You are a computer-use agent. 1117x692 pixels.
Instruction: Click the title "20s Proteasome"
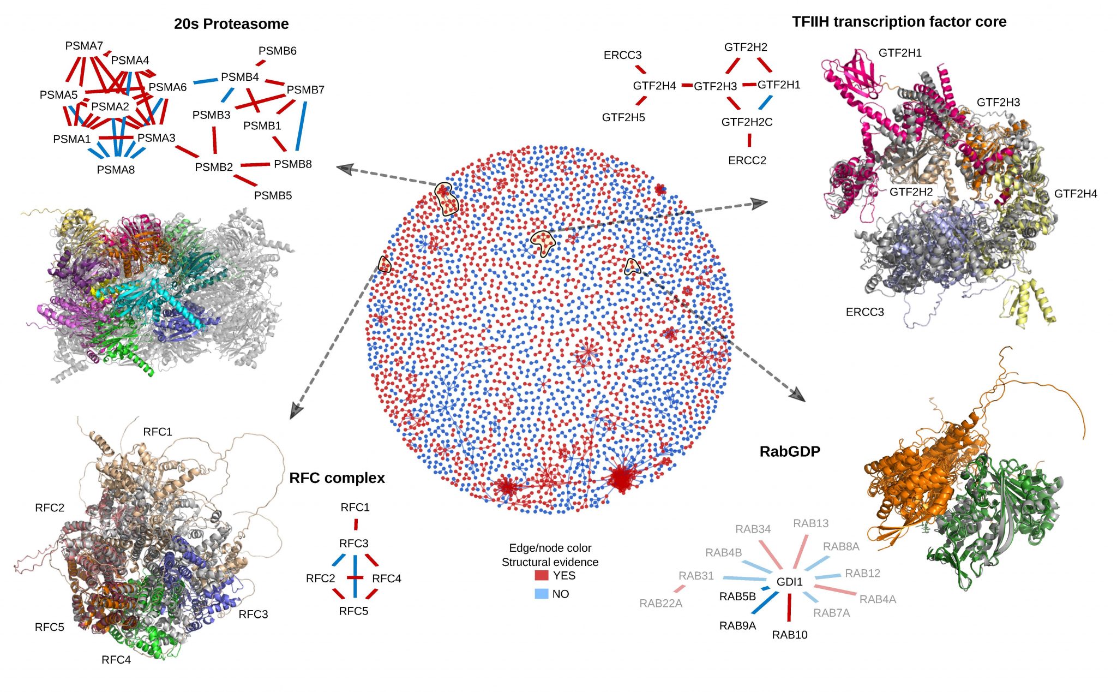[x=231, y=24]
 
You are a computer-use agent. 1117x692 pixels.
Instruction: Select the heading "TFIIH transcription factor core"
[x=899, y=22]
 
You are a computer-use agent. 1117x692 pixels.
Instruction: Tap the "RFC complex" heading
[x=337, y=478]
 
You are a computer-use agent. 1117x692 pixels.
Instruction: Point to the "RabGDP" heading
[x=790, y=451]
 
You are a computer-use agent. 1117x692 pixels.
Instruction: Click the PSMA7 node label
[x=84, y=46]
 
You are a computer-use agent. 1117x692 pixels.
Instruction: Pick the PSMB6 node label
[x=277, y=51]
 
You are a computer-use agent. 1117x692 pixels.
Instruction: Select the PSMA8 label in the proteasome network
[x=116, y=170]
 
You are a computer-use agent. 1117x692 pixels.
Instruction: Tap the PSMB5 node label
[x=273, y=195]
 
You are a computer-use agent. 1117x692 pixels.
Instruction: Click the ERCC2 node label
[x=747, y=160]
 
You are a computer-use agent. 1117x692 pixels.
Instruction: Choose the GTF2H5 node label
[x=623, y=117]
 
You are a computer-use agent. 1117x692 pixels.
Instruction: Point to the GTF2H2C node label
[x=747, y=122]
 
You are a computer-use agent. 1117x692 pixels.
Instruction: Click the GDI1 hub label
[x=790, y=582]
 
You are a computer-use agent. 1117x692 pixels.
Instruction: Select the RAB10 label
[x=790, y=635]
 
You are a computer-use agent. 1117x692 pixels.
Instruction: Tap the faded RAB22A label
[x=660, y=603]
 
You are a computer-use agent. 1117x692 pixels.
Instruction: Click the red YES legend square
[x=541, y=575]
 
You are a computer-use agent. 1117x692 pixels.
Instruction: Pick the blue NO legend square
[x=541, y=594]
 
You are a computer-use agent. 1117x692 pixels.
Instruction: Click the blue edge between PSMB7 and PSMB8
[x=301, y=126]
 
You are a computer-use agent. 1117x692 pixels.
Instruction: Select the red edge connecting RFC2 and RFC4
[x=355, y=577]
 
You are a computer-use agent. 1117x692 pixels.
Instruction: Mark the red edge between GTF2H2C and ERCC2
[x=749, y=140]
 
